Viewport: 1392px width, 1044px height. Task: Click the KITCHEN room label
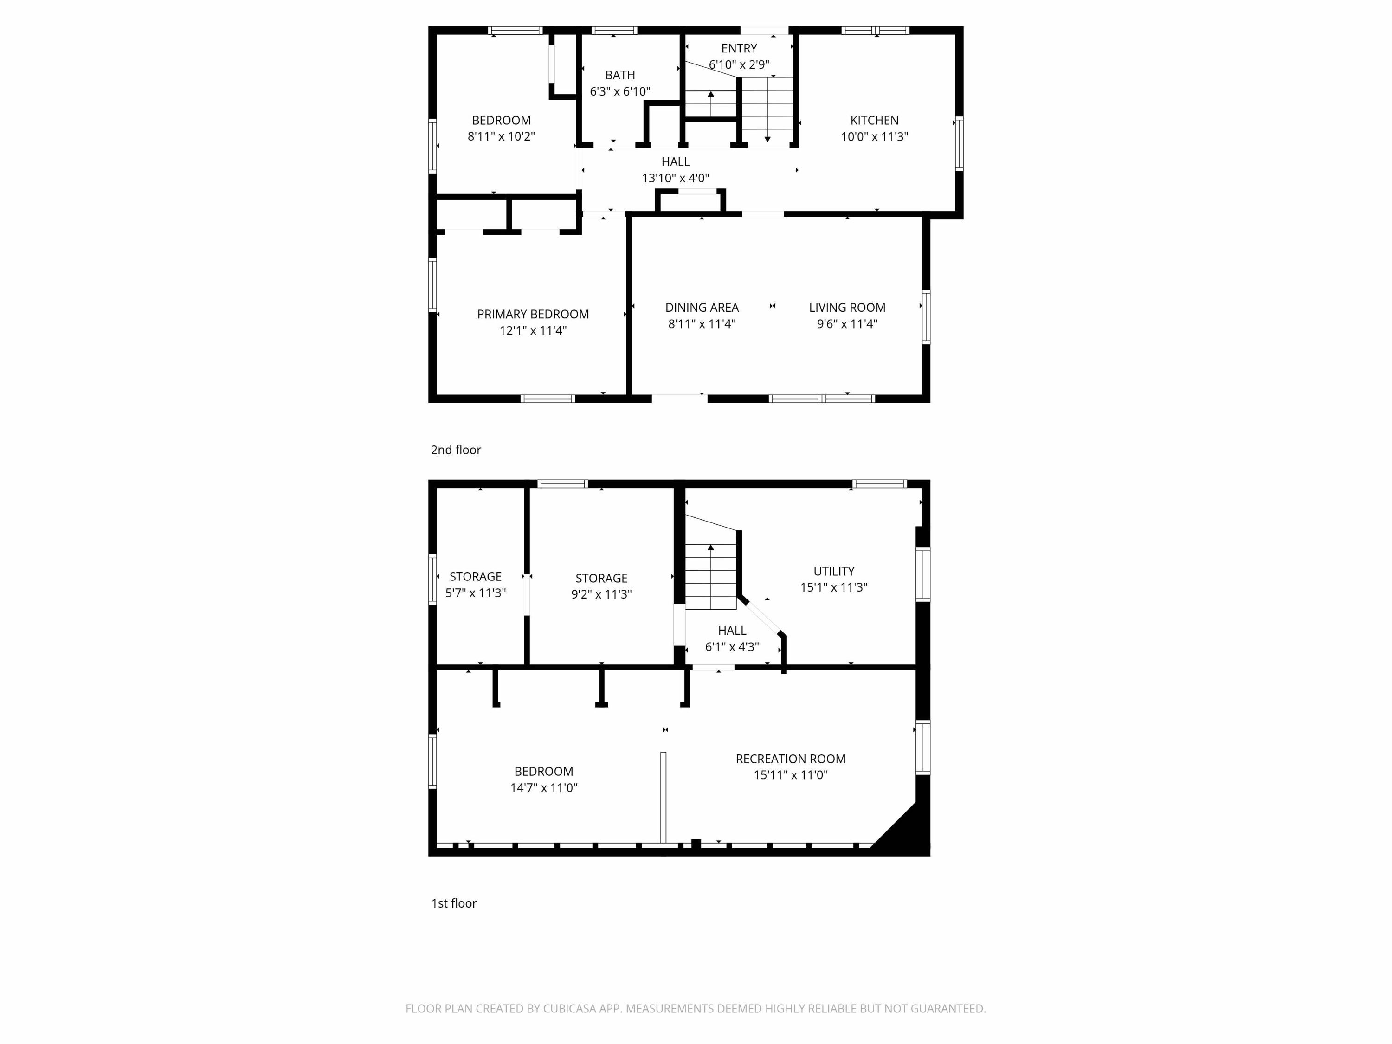pos(874,120)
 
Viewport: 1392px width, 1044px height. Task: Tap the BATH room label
pos(620,75)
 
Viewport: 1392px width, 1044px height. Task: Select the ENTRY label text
pos(739,48)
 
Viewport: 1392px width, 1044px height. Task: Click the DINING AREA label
pos(702,308)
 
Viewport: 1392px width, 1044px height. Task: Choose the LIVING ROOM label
pos(847,308)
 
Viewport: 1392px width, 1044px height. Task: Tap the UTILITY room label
pos(834,571)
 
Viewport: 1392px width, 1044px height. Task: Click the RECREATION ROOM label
pos(790,759)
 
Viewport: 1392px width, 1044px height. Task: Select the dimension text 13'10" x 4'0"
pos(675,178)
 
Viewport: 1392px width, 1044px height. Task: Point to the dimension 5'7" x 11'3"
pos(475,593)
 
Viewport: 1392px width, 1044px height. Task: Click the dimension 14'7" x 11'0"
pos(544,787)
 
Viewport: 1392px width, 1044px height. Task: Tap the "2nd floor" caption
pos(456,450)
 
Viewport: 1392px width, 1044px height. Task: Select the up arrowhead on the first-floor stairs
pos(710,548)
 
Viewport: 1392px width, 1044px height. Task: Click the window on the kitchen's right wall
pos(959,143)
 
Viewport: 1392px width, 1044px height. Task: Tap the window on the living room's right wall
pos(926,316)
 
